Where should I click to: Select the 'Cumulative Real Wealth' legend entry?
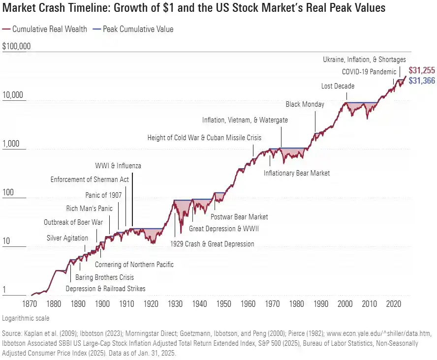click(x=49, y=29)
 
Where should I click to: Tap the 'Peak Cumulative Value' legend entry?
click(x=137, y=29)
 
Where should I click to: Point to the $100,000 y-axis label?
click(x=16, y=47)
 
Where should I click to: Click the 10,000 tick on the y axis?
click(x=13, y=95)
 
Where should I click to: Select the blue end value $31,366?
click(x=421, y=81)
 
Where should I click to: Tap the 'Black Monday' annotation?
click(x=305, y=104)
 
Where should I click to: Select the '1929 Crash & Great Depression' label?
click(x=212, y=244)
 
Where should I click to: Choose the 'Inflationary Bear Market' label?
click(x=296, y=173)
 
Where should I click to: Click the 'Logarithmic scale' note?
click(x=26, y=318)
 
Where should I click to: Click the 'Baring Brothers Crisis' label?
click(x=104, y=277)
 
